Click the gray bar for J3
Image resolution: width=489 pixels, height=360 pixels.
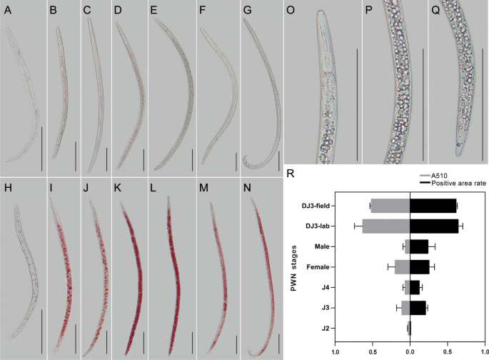[405, 308]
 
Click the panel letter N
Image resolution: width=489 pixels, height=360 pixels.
[248, 189]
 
